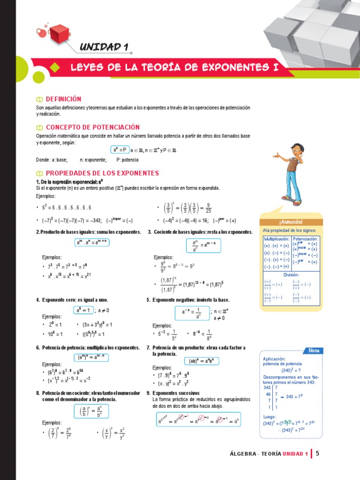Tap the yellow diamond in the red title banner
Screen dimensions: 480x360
click(x=55, y=68)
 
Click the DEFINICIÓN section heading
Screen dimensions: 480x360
click(x=63, y=99)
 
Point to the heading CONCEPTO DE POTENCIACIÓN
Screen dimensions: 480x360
click(x=93, y=127)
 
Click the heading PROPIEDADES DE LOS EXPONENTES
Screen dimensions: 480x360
click(x=102, y=173)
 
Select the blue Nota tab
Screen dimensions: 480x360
click(x=314, y=351)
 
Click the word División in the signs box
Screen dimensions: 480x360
click(x=291, y=275)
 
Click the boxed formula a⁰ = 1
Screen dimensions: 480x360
click(x=82, y=310)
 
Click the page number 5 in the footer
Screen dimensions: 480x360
click(x=317, y=453)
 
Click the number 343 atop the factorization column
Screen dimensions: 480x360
click(x=267, y=388)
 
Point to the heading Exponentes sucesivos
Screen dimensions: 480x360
click(x=176, y=393)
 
